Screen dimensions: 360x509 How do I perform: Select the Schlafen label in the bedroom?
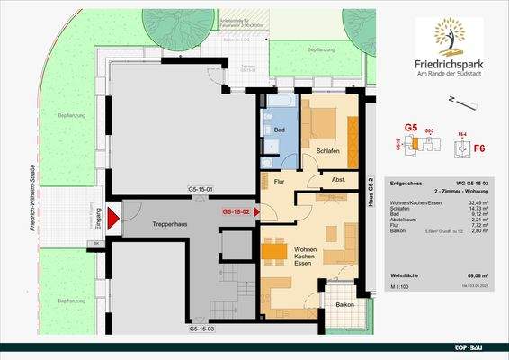click(327, 151)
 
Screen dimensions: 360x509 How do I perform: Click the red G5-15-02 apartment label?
click(241, 212)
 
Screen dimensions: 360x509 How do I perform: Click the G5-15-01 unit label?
click(200, 190)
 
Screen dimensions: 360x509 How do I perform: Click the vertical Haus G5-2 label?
click(371, 193)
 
